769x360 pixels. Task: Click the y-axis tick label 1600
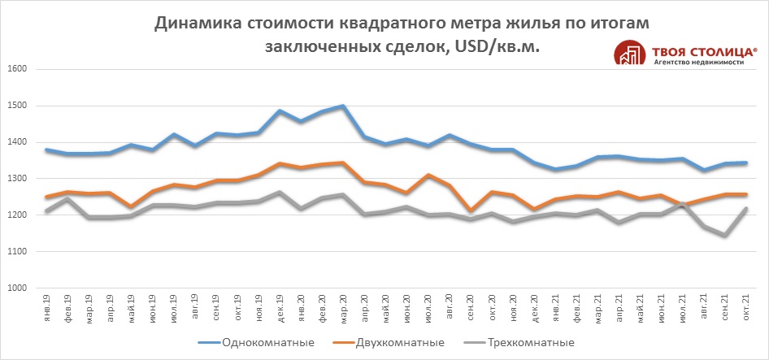click(x=18, y=69)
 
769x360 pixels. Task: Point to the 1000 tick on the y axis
click(x=18, y=288)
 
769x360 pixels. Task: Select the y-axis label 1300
click(x=18, y=179)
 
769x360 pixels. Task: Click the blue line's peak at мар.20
click(x=343, y=106)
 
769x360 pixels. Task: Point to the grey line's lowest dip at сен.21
click(x=724, y=236)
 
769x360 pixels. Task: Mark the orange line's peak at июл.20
click(x=428, y=176)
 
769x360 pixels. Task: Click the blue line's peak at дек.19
click(x=280, y=111)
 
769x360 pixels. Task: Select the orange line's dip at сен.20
click(x=470, y=211)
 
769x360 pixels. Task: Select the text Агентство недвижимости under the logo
click(x=698, y=63)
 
